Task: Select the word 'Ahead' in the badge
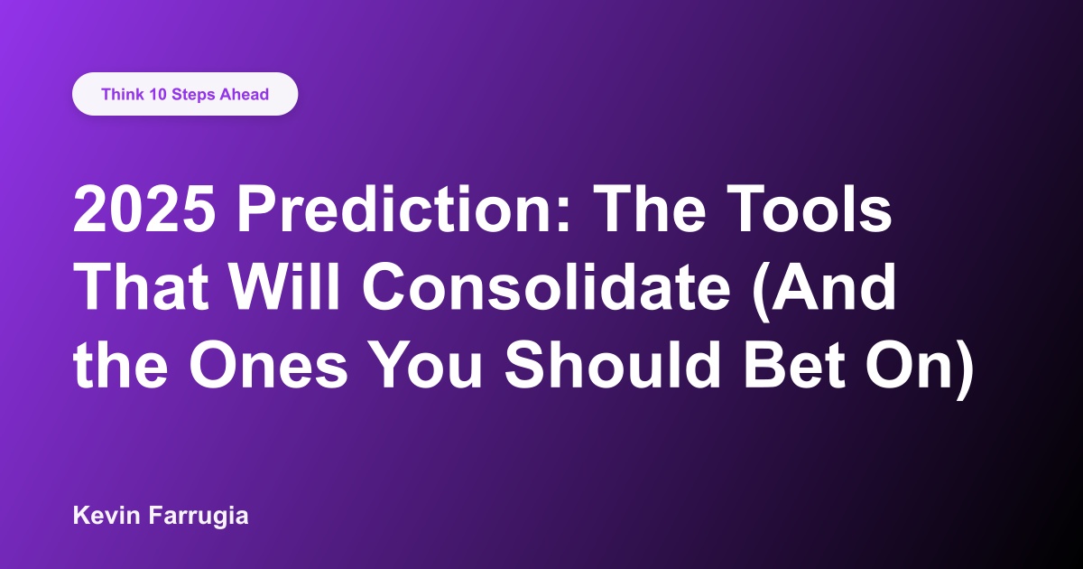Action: pos(245,94)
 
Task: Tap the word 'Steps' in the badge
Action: pos(195,94)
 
